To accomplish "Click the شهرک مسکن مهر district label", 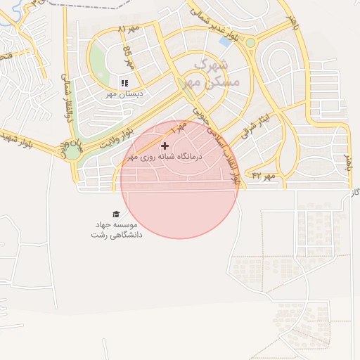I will pyautogui.click(x=215, y=73).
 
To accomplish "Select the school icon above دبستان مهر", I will pyautogui.click(x=124, y=83).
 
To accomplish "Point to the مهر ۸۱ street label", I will pyautogui.click(x=129, y=30).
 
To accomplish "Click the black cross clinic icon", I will pyautogui.click(x=165, y=146).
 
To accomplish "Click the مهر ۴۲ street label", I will pyautogui.click(x=266, y=175).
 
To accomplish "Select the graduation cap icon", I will pyautogui.click(x=115, y=214).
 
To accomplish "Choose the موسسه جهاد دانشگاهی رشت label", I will pyautogui.click(x=116, y=229).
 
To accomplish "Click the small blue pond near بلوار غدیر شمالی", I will pyautogui.click(x=225, y=41).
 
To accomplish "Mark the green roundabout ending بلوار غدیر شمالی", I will pyautogui.click(x=250, y=43).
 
